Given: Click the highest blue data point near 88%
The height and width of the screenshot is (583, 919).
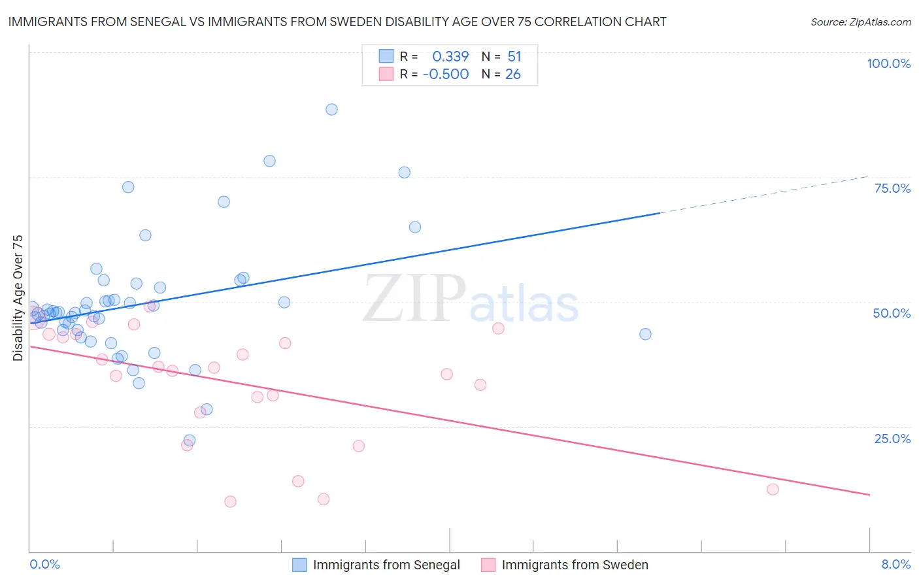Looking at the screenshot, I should tap(331, 110).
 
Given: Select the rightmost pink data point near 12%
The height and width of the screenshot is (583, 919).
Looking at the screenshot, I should tap(773, 490).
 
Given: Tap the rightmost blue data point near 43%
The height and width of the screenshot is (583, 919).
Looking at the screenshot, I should tap(645, 334).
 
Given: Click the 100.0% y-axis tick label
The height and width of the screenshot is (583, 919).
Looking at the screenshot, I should tap(888, 63).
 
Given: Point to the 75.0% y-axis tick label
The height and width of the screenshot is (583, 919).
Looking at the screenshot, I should tap(892, 188).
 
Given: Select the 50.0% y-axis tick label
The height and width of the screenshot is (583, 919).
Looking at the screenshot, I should tap(892, 313).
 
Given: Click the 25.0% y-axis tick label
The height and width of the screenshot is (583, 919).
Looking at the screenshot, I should tap(892, 439).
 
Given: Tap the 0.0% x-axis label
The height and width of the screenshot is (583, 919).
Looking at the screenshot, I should tap(44, 565).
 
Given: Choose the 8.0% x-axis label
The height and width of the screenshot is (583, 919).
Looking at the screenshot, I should tap(895, 565).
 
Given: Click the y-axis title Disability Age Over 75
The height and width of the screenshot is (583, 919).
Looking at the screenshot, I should tap(18, 298).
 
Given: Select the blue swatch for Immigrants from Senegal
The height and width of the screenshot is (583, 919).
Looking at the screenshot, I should tap(299, 565).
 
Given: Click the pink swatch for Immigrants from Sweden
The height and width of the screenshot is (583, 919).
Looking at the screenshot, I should tap(488, 565).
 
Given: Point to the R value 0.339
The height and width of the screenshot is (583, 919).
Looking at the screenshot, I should tap(450, 57).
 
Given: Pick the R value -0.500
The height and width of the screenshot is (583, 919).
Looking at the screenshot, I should tap(446, 75).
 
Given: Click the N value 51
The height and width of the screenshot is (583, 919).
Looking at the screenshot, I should tap(514, 57).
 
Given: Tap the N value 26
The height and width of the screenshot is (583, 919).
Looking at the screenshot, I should tap(513, 75).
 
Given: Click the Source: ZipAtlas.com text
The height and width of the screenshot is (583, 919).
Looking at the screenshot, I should tap(860, 22).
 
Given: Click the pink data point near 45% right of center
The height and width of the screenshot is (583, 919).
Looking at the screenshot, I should tap(498, 328).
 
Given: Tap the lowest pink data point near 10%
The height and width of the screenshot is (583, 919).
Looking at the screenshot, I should tap(230, 502).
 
